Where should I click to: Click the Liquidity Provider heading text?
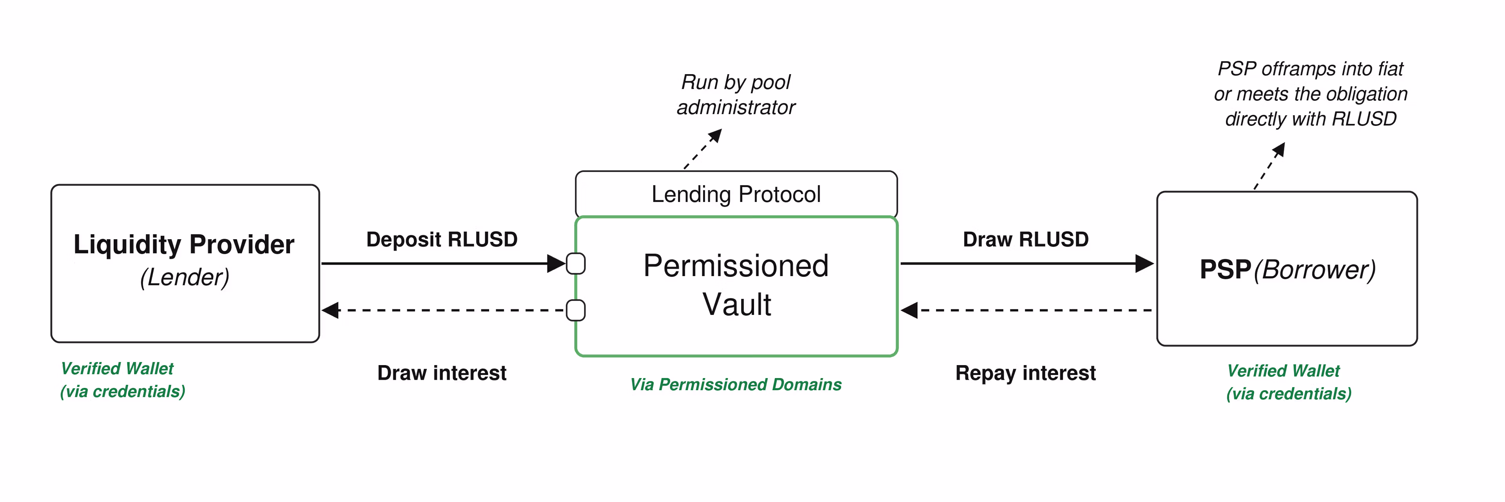click(184, 245)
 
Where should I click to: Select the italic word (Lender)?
click(185, 277)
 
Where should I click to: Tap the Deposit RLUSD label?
click(442, 240)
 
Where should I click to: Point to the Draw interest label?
click(442, 373)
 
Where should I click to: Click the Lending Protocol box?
click(736, 194)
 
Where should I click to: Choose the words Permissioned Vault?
click(736, 285)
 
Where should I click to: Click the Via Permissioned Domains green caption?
click(736, 384)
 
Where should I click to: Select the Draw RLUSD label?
click(1026, 240)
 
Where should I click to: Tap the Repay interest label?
click(1025, 373)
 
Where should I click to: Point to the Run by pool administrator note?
click(736, 95)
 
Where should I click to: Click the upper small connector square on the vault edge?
click(576, 264)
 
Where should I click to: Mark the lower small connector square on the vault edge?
click(576, 310)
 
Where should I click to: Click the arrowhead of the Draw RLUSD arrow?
click(1144, 264)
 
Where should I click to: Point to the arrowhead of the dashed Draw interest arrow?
click(331, 310)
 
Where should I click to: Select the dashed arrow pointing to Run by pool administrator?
click(703, 149)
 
